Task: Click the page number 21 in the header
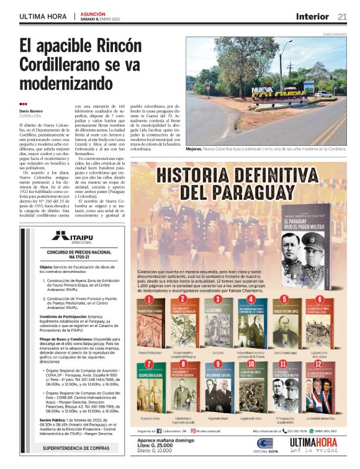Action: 343,16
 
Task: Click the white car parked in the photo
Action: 323,94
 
